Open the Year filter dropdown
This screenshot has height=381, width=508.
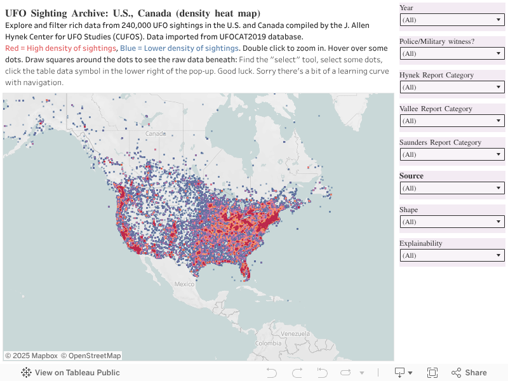pyautogui.click(x=451, y=20)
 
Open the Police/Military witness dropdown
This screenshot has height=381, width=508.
pyautogui.click(x=451, y=53)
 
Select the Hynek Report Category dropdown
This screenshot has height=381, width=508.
pyautogui.click(x=451, y=87)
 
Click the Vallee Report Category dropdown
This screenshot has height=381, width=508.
pyautogui.click(x=451, y=121)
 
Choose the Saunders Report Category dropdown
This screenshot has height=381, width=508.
pyautogui.click(x=451, y=154)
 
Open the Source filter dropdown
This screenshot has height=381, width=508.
pyautogui.click(x=451, y=188)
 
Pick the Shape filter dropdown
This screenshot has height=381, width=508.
pyautogui.click(x=451, y=222)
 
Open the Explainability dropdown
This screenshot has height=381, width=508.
pyautogui.click(x=451, y=255)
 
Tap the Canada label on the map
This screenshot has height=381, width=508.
pyautogui.click(x=156, y=134)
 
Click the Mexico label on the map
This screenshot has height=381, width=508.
pyautogui.click(x=184, y=284)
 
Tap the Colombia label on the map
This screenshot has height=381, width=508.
pyautogui.click(x=268, y=343)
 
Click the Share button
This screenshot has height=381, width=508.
pyautogui.click(x=469, y=373)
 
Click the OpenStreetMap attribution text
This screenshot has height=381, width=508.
pyautogui.click(x=95, y=356)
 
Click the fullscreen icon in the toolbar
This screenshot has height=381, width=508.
pyautogui.click(x=432, y=373)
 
